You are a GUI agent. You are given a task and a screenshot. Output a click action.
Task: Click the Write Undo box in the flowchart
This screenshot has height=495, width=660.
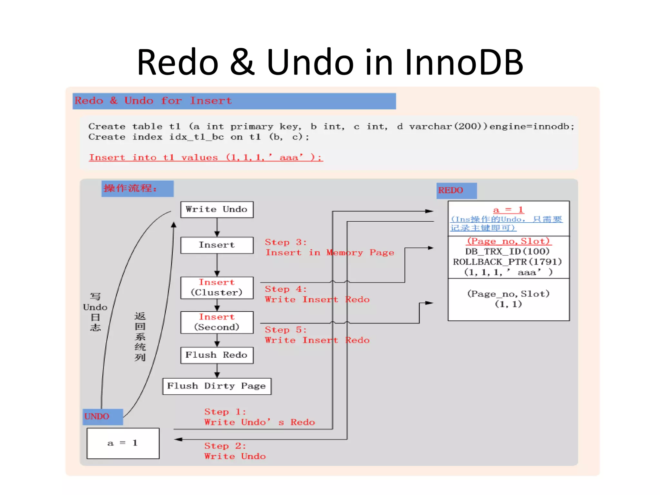tap(217, 209)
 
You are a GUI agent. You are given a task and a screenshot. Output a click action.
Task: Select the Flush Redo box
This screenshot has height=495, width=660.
tap(217, 355)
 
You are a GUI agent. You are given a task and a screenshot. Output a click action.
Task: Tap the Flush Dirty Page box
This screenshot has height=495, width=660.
tap(217, 386)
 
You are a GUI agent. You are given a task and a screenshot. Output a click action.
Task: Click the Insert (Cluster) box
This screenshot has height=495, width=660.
tap(217, 287)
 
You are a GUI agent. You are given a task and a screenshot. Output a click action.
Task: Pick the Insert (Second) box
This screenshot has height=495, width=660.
tap(217, 322)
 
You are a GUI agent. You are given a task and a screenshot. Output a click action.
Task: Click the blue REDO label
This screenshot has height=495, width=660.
tap(456, 190)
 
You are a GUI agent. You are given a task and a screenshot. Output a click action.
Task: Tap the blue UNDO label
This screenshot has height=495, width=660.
tap(102, 416)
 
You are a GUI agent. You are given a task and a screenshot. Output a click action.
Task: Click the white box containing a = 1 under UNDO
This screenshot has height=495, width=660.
tap(123, 443)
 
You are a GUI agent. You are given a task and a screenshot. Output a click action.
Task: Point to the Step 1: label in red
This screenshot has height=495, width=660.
tap(225, 412)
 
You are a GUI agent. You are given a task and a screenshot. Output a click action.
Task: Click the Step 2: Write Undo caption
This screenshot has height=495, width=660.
tap(235, 451)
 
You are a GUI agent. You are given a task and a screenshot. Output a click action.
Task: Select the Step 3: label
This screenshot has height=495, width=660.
tap(285, 242)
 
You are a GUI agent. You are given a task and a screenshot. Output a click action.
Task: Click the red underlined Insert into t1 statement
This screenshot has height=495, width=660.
tap(206, 158)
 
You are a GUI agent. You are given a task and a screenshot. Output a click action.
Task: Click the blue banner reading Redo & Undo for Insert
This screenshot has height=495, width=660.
tap(234, 101)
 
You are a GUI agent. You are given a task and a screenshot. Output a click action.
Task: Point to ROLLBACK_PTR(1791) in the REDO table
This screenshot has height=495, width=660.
tap(507, 262)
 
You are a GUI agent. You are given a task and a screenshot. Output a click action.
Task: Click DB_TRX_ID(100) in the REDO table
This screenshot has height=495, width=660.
tap(507, 251)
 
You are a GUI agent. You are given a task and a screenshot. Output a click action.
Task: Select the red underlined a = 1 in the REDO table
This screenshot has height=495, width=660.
tap(508, 210)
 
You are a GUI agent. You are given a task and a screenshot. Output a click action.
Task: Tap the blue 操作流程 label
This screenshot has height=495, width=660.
tap(137, 189)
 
